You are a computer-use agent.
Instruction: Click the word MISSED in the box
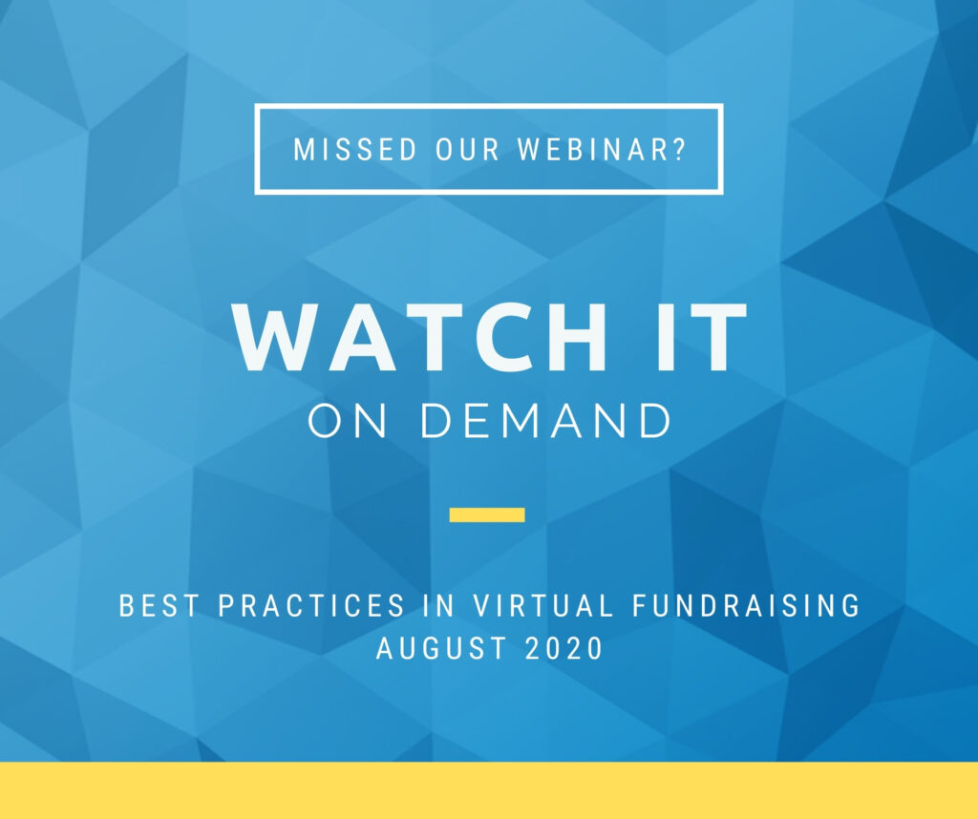[x=355, y=150]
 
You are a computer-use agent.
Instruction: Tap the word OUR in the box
[x=468, y=150]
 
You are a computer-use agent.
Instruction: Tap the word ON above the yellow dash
[x=348, y=421]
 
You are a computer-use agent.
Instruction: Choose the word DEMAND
[x=545, y=421]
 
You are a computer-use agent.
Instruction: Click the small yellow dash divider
[x=487, y=514]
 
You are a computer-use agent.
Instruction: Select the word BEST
[x=159, y=606]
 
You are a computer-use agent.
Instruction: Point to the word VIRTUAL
[x=543, y=606]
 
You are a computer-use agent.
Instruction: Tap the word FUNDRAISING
[x=746, y=606]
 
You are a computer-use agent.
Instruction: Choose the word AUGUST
[x=441, y=648]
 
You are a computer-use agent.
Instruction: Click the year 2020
[x=563, y=648]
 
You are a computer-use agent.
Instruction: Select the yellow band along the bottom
[x=489, y=790]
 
